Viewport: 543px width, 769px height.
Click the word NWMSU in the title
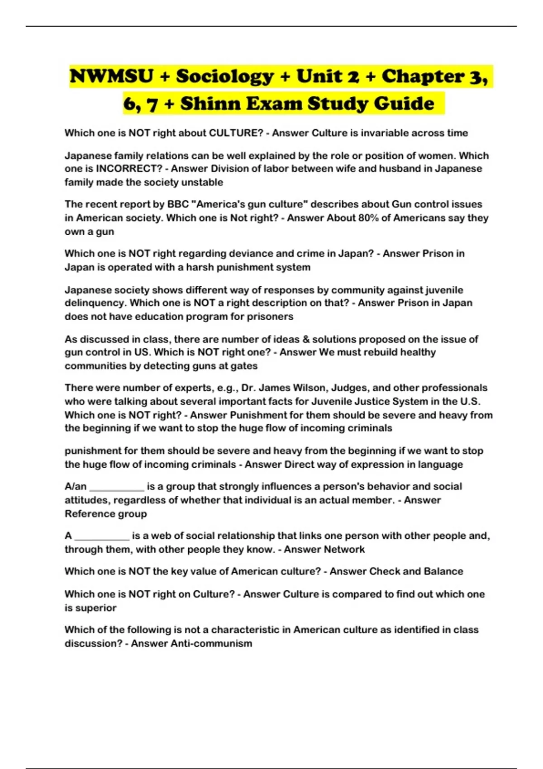(x=111, y=76)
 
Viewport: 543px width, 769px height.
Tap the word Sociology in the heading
(x=224, y=76)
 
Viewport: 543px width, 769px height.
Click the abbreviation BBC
(x=178, y=204)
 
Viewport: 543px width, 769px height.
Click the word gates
(x=244, y=366)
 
